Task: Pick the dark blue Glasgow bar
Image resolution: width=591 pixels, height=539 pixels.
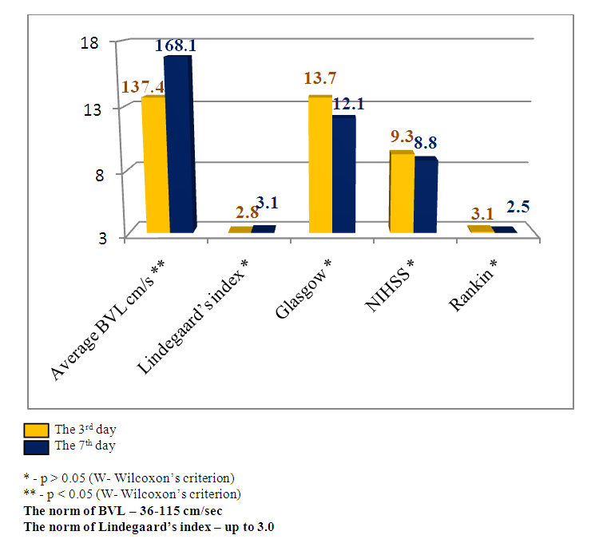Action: tap(343, 175)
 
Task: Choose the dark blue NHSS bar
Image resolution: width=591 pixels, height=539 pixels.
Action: tap(425, 196)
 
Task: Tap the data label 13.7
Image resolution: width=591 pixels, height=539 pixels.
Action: tap(321, 78)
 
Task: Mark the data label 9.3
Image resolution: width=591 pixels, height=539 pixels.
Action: tap(402, 136)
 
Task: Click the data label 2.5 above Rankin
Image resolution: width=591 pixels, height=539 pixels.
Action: tap(518, 208)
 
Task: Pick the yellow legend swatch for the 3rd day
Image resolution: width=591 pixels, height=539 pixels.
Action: tap(36, 430)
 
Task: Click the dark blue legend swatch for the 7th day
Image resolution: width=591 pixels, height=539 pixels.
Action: tap(36, 445)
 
